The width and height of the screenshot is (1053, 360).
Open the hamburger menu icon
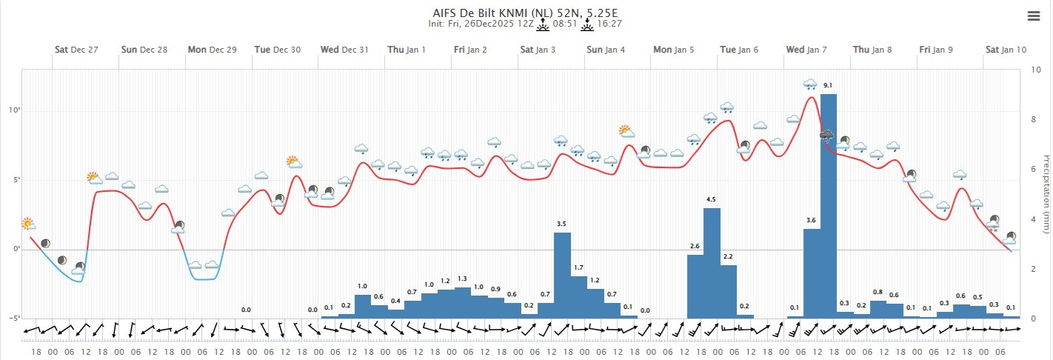1034,16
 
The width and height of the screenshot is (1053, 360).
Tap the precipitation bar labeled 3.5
562,275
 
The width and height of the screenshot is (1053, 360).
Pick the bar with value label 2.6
695,286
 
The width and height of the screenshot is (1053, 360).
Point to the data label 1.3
462,279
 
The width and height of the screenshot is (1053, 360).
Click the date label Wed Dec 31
344,50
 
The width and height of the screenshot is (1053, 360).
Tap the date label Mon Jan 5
673,50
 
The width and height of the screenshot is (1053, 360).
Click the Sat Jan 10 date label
1006,50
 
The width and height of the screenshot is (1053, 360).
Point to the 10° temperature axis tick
13,110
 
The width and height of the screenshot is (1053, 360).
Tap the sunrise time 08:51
566,24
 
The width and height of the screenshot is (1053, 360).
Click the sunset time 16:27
609,24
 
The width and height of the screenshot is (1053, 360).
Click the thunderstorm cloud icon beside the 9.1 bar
826,136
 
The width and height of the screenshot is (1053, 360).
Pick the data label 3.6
812,220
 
